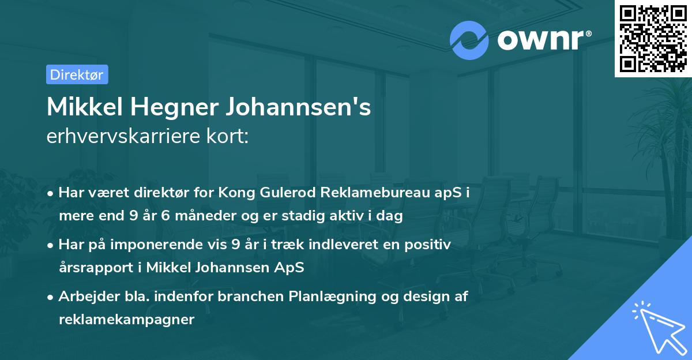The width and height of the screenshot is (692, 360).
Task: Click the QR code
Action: click(x=653, y=38)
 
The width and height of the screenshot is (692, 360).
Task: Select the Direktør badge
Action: click(x=77, y=74)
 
